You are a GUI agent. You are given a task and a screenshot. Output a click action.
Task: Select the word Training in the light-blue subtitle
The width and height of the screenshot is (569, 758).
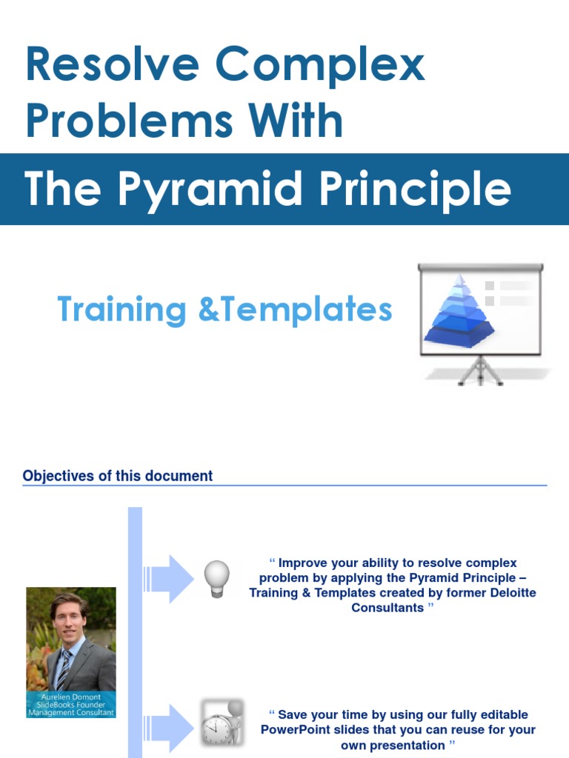pos(122,309)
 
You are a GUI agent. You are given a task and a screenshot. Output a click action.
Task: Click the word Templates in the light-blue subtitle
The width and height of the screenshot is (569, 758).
pos(307,309)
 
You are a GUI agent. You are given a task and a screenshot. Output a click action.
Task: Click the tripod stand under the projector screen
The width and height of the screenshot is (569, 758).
pos(480,370)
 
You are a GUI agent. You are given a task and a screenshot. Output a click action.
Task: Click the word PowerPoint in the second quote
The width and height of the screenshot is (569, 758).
pos(296,730)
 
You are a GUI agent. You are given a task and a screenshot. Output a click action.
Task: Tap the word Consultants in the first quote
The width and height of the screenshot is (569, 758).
pos(387,608)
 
